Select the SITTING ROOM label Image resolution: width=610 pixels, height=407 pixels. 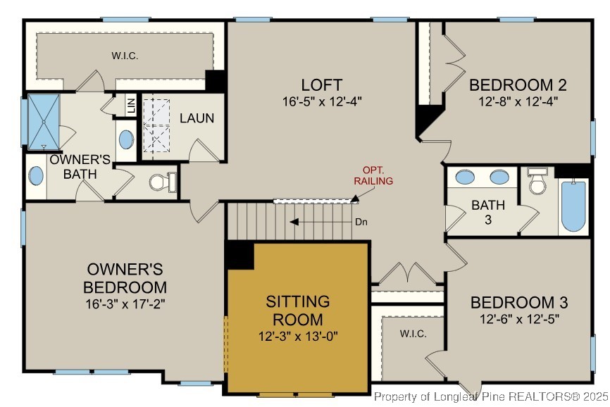pyautogui.click(x=298, y=311)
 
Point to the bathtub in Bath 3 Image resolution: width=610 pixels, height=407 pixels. pyautogui.click(x=573, y=206)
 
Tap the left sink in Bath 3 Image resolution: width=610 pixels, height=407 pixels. pyautogui.click(x=465, y=177)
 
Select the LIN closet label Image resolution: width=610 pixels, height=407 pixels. pyautogui.click(x=131, y=106)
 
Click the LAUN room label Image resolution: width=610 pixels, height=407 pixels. pyautogui.click(x=197, y=118)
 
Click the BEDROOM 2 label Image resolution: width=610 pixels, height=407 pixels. pyautogui.click(x=518, y=86)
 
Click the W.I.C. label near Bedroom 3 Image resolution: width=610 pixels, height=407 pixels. pyautogui.click(x=413, y=333)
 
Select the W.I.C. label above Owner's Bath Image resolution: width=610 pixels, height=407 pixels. pyautogui.click(x=124, y=54)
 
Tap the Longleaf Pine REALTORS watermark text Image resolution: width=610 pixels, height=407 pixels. pyautogui.click(x=490, y=397)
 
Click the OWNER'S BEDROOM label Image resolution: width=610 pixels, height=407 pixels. pyautogui.click(x=125, y=278)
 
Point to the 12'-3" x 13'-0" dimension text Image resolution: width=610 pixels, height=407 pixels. pyautogui.click(x=298, y=336)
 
